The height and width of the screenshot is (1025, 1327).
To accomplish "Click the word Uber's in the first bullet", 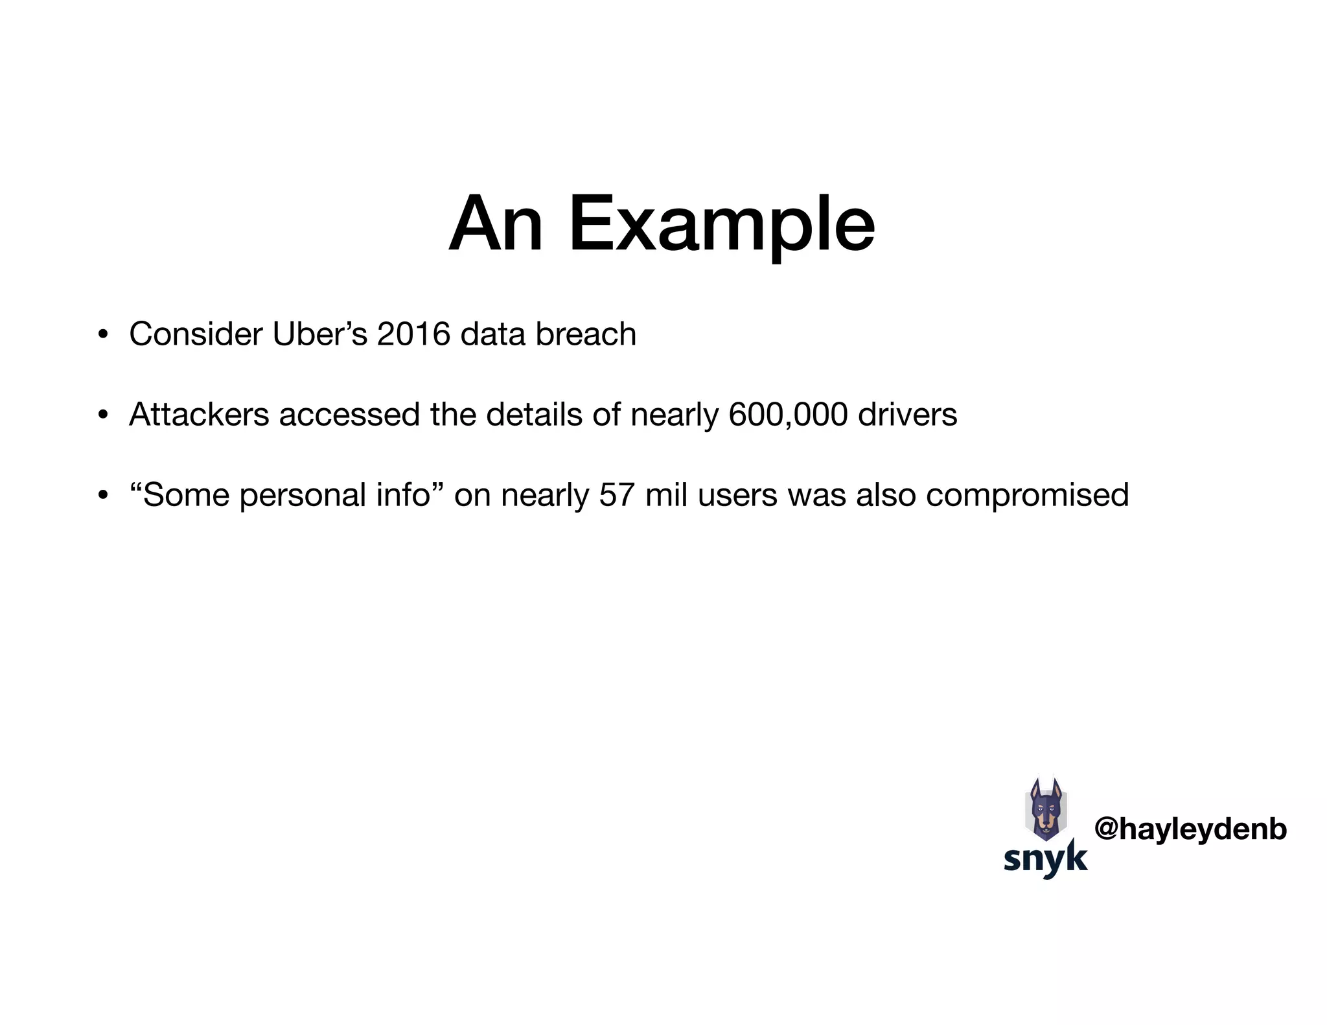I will tap(319, 334).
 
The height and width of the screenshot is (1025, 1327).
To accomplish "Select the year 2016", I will tap(413, 334).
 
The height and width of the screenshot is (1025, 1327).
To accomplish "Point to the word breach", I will tap(586, 334).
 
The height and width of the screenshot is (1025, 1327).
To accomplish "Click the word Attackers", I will tap(199, 415).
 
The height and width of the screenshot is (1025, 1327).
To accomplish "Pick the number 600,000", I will tap(788, 415).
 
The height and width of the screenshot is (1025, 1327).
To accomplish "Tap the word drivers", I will tap(907, 415).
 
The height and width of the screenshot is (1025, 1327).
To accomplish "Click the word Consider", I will tap(196, 334).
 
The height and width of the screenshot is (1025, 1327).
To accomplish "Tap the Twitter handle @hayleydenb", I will tap(1190, 829).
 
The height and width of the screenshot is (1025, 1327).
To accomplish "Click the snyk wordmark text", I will tap(1045, 859).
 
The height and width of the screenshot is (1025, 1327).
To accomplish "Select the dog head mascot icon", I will tap(1046, 809).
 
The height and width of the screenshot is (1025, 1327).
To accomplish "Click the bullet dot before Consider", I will tap(102, 336).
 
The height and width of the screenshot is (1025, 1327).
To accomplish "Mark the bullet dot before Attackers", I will tap(102, 416).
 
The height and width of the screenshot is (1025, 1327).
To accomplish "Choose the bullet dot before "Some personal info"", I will tap(102, 496).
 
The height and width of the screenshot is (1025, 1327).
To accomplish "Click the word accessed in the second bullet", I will tap(349, 415).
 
